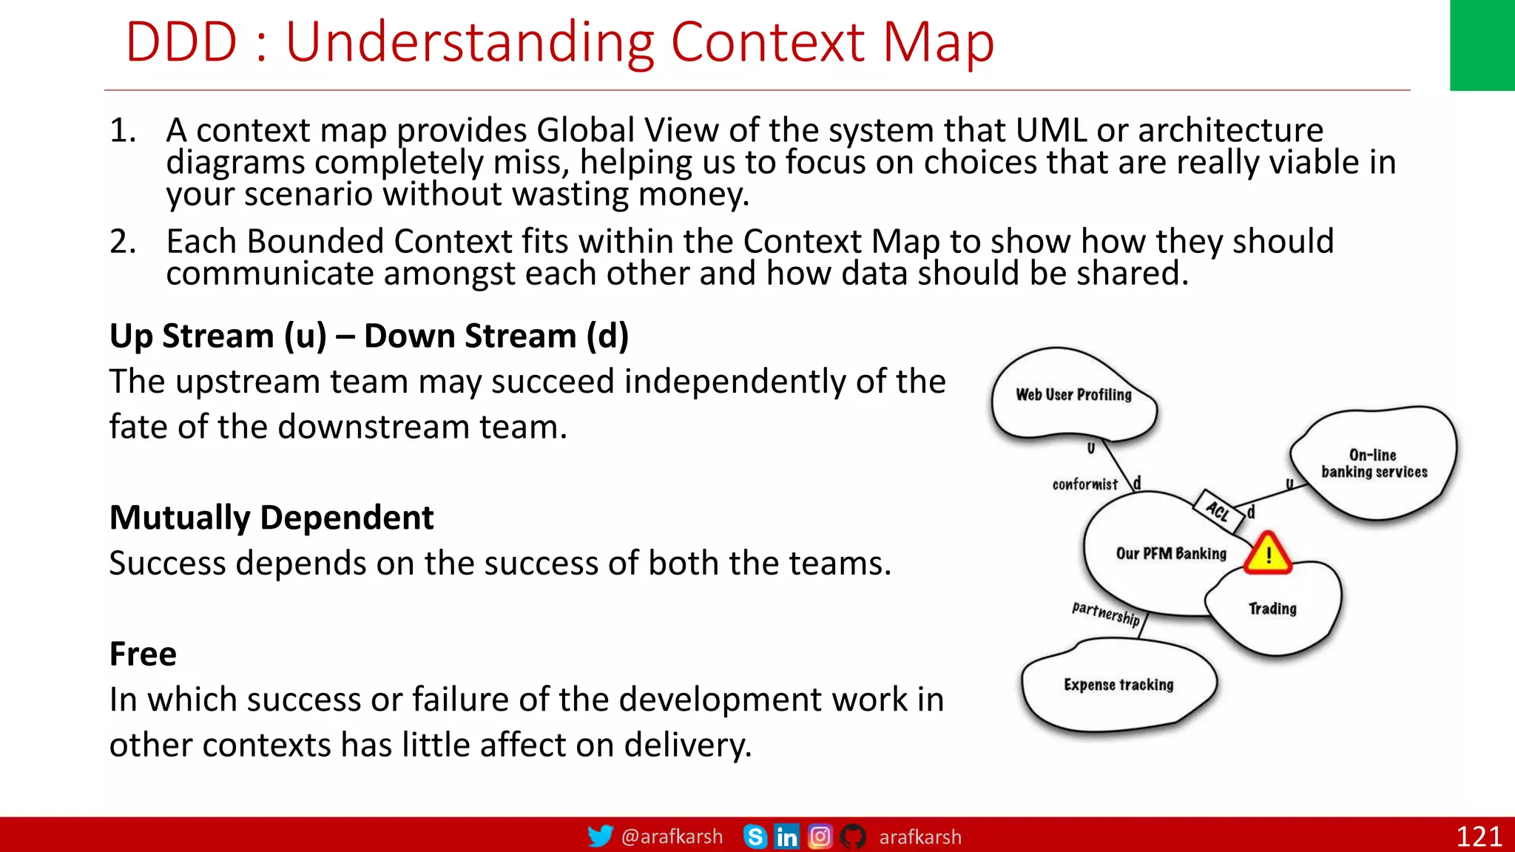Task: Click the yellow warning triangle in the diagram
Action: (1268, 555)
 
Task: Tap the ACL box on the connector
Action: (1218, 510)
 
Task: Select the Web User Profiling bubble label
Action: (1073, 395)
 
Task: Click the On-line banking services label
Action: (1374, 464)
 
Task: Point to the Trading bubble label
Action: (1272, 609)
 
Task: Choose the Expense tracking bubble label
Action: (1118, 685)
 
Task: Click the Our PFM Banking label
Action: (1171, 554)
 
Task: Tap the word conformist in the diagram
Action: (1085, 484)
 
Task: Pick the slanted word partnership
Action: (1106, 613)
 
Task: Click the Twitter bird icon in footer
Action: (600, 836)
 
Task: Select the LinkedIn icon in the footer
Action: (786, 836)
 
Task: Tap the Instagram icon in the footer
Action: (820, 836)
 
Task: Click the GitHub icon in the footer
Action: (853, 836)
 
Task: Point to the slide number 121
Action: (1478, 836)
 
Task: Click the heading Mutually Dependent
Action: (271, 518)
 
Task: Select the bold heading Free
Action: (143, 655)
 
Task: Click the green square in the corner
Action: (1482, 44)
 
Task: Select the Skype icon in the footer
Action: (755, 836)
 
